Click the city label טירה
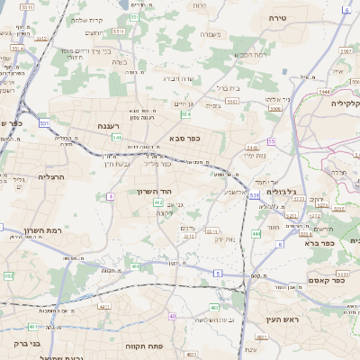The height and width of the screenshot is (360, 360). tap(277, 18)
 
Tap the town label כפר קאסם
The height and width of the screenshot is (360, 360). tap(322, 269)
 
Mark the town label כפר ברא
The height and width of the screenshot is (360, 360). tap(319, 242)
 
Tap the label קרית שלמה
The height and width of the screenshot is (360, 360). tap(88, 20)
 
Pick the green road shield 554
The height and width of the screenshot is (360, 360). tap(185, 114)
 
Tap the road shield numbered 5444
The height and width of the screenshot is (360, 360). tap(325, 93)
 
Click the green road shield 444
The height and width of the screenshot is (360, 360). tap(256, 234)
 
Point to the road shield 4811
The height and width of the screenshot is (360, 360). tap(103, 307)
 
